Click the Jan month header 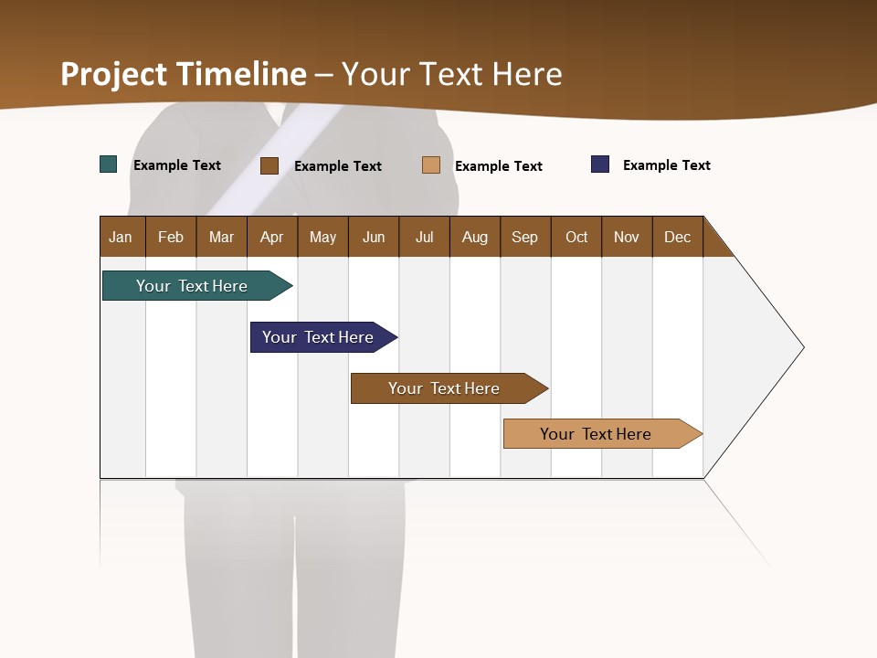pos(121,237)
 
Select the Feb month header pos(171,237)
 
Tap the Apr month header pos(271,237)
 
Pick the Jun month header pos(374,237)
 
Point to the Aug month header pos(474,237)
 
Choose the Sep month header pos(524,237)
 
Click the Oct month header pos(576,237)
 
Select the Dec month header pos(677,237)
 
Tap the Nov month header pos(627,237)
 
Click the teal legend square pos(109,164)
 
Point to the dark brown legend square pos(269,165)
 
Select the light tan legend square pos(431,165)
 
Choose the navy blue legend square pos(600,164)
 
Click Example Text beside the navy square pos(666,165)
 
